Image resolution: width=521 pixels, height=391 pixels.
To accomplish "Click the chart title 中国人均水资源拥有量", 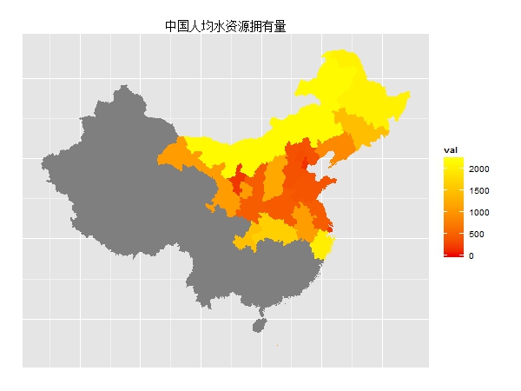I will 226,26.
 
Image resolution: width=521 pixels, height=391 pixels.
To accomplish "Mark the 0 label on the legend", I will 471,255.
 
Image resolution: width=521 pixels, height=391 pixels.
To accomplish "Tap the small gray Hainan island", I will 258,324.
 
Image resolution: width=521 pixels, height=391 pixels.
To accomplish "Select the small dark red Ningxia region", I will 236,182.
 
